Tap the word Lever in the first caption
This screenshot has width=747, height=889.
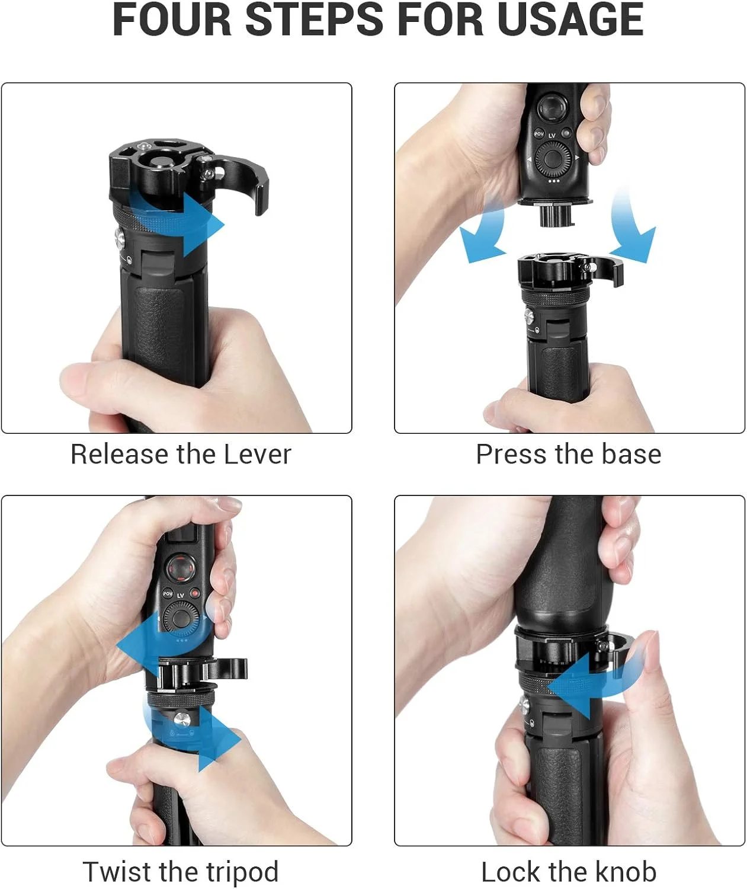click(258, 455)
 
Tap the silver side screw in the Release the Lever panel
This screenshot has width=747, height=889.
click(120, 239)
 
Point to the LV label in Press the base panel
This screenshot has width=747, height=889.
click(552, 135)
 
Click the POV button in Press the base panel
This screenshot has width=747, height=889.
click(539, 134)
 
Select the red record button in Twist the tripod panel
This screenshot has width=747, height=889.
click(195, 593)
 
